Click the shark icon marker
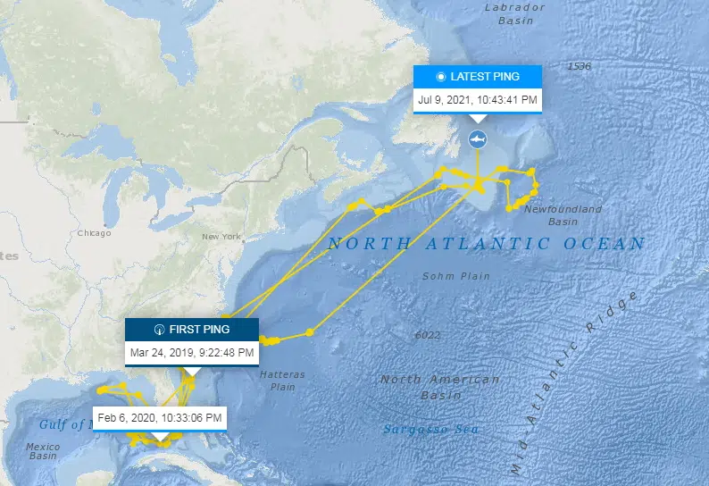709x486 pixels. [x=478, y=140]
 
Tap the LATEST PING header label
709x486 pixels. [x=478, y=77]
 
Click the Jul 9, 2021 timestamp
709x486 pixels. [x=478, y=99]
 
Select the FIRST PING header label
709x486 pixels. [x=191, y=329]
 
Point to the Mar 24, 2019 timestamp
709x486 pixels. [x=191, y=352]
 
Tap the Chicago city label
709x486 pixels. [x=94, y=234]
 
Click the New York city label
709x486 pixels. [x=222, y=237]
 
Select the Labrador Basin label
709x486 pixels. [x=514, y=13]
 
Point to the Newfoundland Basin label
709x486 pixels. [x=563, y=215]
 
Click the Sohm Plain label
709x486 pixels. [x=456, y=276]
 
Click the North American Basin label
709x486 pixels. [x=440, y=387]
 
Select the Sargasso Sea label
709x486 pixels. [x=430, y=430]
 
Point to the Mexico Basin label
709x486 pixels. [x=43, y=450]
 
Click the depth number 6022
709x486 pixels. [x=428, y=335]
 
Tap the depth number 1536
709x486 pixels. [x=579, y=67]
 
